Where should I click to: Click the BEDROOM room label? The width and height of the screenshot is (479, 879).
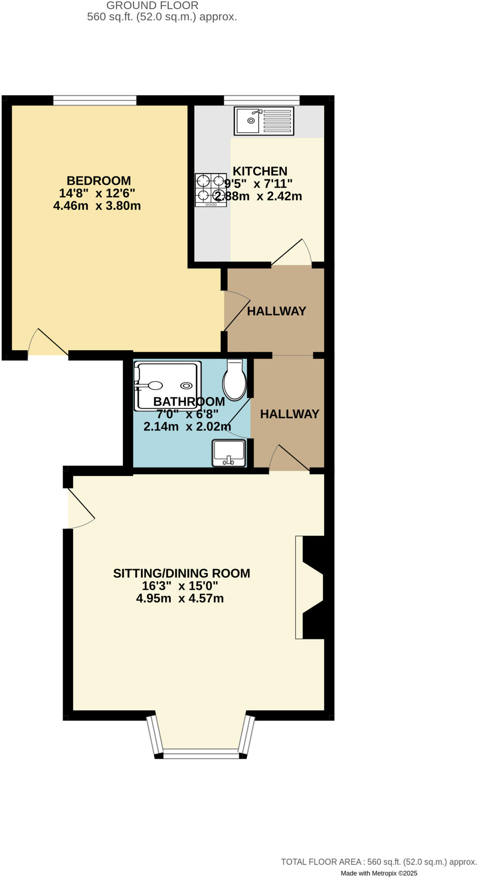[x=98, y=181]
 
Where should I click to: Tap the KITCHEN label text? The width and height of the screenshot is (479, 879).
[x=260, y=171]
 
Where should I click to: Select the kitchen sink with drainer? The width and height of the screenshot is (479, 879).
[x=264, y=121]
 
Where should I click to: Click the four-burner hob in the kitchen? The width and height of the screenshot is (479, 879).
[x=210, y=190]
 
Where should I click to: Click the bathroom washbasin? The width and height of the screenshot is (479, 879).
[x=229, y=453]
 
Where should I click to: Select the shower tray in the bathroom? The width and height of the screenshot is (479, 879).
[x=167, y=385]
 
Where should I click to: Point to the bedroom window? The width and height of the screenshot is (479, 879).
[x=95, y=100]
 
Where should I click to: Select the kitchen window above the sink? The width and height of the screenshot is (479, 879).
[x=261, y=100]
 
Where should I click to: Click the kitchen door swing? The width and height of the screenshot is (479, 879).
[x=292, y=253]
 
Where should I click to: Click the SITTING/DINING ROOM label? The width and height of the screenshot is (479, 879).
[x=182, y=573]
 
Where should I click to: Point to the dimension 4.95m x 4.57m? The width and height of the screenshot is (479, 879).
[x=180, y=598]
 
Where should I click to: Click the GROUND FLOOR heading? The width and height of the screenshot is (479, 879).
[x=152, y=6]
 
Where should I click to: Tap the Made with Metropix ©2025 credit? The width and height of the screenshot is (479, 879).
[x=379, y=873]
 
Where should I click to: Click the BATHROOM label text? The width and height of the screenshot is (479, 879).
[x=189, y=402]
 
